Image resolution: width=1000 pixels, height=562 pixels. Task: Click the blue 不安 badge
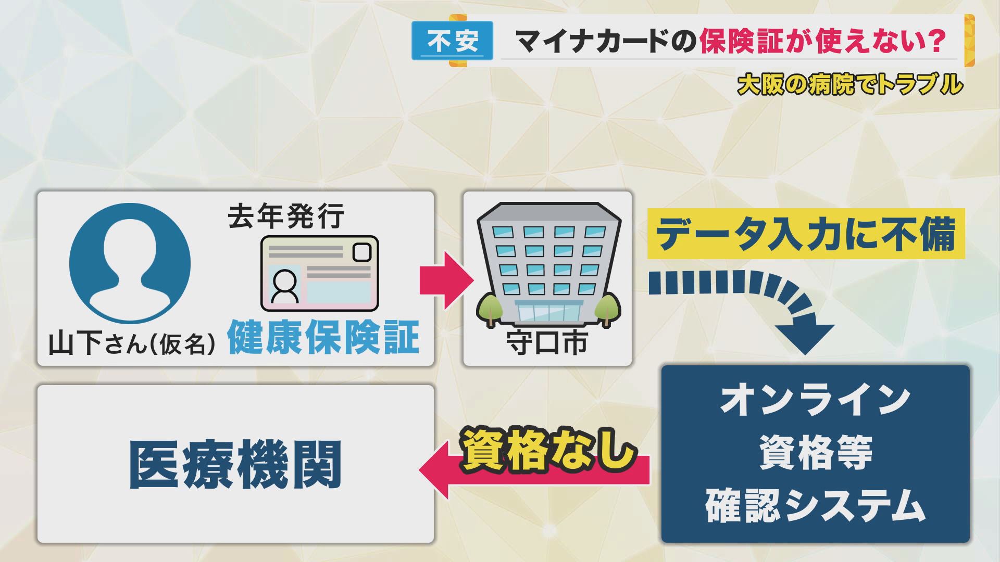point(452,41)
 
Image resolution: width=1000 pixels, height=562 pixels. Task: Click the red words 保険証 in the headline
point(741,41)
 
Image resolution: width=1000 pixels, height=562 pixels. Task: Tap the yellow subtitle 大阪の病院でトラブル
point(850,84)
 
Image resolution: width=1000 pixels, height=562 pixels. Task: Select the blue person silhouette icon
point(130,263)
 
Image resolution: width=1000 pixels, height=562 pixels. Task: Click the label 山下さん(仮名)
point(132,343)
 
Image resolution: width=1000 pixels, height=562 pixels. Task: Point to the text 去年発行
point(286,216)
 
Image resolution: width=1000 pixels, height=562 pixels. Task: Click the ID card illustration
point(319,274)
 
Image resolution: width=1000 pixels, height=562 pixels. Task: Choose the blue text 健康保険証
point(323,337)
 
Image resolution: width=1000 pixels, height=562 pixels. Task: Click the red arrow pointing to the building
point(447,280)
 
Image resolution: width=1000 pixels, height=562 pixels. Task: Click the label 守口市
point(547,343)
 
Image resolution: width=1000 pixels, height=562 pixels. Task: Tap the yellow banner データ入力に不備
point(806,234)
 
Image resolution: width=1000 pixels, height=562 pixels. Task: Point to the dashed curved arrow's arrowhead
point(805,338)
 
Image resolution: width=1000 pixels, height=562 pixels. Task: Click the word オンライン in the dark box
point(815,400)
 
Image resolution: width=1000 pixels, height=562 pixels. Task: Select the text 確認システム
point(815,505)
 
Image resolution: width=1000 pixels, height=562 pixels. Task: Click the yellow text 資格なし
point(548,450)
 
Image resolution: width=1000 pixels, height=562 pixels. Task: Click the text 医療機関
point(235,465)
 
